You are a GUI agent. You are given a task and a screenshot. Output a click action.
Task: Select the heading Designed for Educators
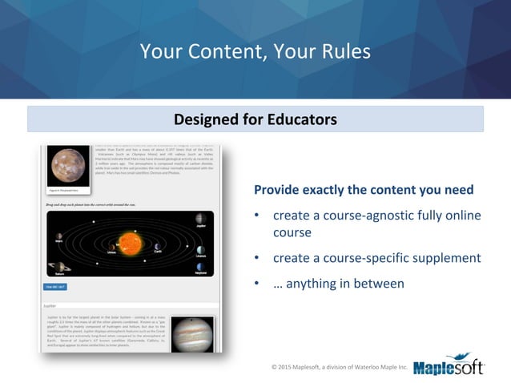[255, 119]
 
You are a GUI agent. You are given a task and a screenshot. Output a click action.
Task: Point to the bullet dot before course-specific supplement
[257, 258]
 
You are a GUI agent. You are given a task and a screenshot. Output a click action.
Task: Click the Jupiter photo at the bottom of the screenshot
[194, 335]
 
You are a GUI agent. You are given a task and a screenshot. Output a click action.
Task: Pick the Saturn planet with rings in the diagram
[58, 267]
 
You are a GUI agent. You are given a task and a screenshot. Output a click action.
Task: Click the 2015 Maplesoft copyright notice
[340, 368]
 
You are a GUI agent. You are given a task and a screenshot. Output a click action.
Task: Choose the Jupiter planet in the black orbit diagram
[199, 219]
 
